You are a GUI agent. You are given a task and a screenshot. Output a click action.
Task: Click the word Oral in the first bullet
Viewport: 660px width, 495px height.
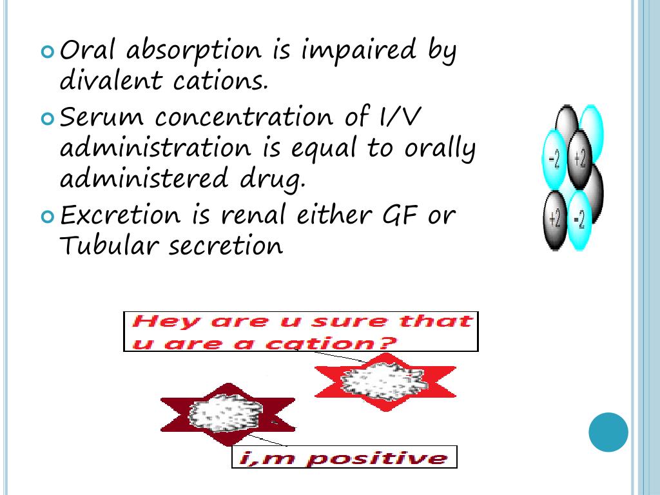pyautogui.click(x=88, y=50)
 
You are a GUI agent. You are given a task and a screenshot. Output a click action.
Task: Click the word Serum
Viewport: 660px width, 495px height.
pyautogui.click(x=102, y=117)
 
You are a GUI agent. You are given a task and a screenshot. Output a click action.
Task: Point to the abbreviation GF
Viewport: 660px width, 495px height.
pyautogui.click(x=395, y=215)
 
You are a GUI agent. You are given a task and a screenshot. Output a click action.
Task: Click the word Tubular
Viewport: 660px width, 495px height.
pyautogui.click(x=108, y=246)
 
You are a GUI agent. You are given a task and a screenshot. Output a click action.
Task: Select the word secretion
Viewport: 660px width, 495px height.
pyautogui.click(x=226, y=246)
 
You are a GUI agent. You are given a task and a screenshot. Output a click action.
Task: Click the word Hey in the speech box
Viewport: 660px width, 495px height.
pyautogui.click(x=163, y=321)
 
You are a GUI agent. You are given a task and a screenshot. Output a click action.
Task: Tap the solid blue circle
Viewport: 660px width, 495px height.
pyautogui.click(x=608, y=432)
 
